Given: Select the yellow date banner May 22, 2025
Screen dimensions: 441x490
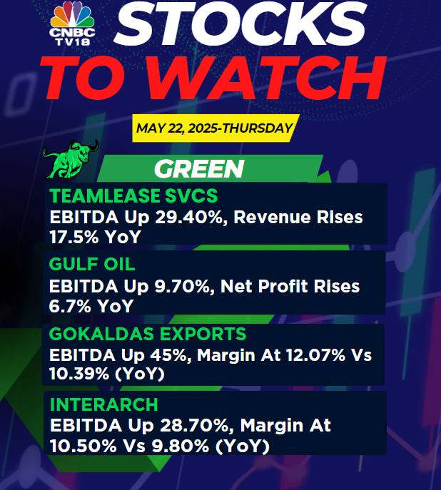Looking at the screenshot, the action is pyautogui.click(x=216, y=128).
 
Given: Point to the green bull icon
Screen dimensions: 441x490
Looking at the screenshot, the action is pyautogui.click(x=71, y=159).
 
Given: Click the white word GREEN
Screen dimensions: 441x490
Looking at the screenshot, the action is pyautogui.click(x=199, y=169).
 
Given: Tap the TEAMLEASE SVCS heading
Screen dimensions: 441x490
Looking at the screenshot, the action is pyautogui.click(x=133, y=196).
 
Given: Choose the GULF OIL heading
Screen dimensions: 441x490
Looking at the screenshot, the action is pyautogui.click(x=92, y=265).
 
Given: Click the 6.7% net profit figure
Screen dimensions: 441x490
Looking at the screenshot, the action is pyautogui.click(x=70, y=306).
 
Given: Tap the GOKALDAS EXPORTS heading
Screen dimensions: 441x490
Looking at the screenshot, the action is pyautogui.click(x=148, y=334).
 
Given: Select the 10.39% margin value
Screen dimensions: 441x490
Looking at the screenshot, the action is pyautogui.click(x=79, y=374).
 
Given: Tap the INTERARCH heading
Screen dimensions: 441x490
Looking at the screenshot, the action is pyautogui.click(x=104, y=404).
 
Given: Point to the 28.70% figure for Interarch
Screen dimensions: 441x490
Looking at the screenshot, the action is pyautogui.click(x=196, y=426).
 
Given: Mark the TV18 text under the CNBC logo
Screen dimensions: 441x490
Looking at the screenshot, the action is pyautogui.click(x=73, y=41).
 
